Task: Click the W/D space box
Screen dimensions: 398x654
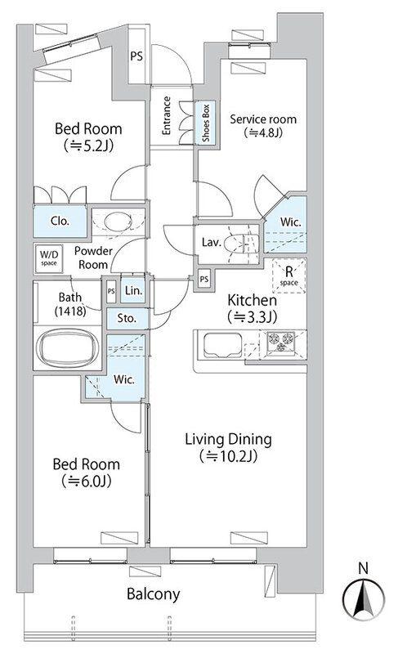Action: click(49, 258)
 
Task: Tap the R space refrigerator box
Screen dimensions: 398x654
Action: click(288, 275)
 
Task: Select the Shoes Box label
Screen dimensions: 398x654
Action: click(206, 123)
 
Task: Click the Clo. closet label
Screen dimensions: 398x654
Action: click(60, 221)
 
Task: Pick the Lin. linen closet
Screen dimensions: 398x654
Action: click(133, 290)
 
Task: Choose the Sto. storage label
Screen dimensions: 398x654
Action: click(127, 318)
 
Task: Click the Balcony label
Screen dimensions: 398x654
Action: click(154, 594)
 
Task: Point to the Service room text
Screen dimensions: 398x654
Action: click(263, 119)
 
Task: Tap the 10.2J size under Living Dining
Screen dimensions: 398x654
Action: click(228, 456)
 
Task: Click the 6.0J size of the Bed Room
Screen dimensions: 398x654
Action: click(87, 482)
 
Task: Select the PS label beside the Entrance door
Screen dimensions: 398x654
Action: click(136, 56)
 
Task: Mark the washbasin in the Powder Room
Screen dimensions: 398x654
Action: click(117, 222)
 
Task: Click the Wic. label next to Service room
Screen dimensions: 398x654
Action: click(290, 222)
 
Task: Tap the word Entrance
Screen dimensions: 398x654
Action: click(166, 115)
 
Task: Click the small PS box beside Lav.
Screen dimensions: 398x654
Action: click(203, 279)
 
